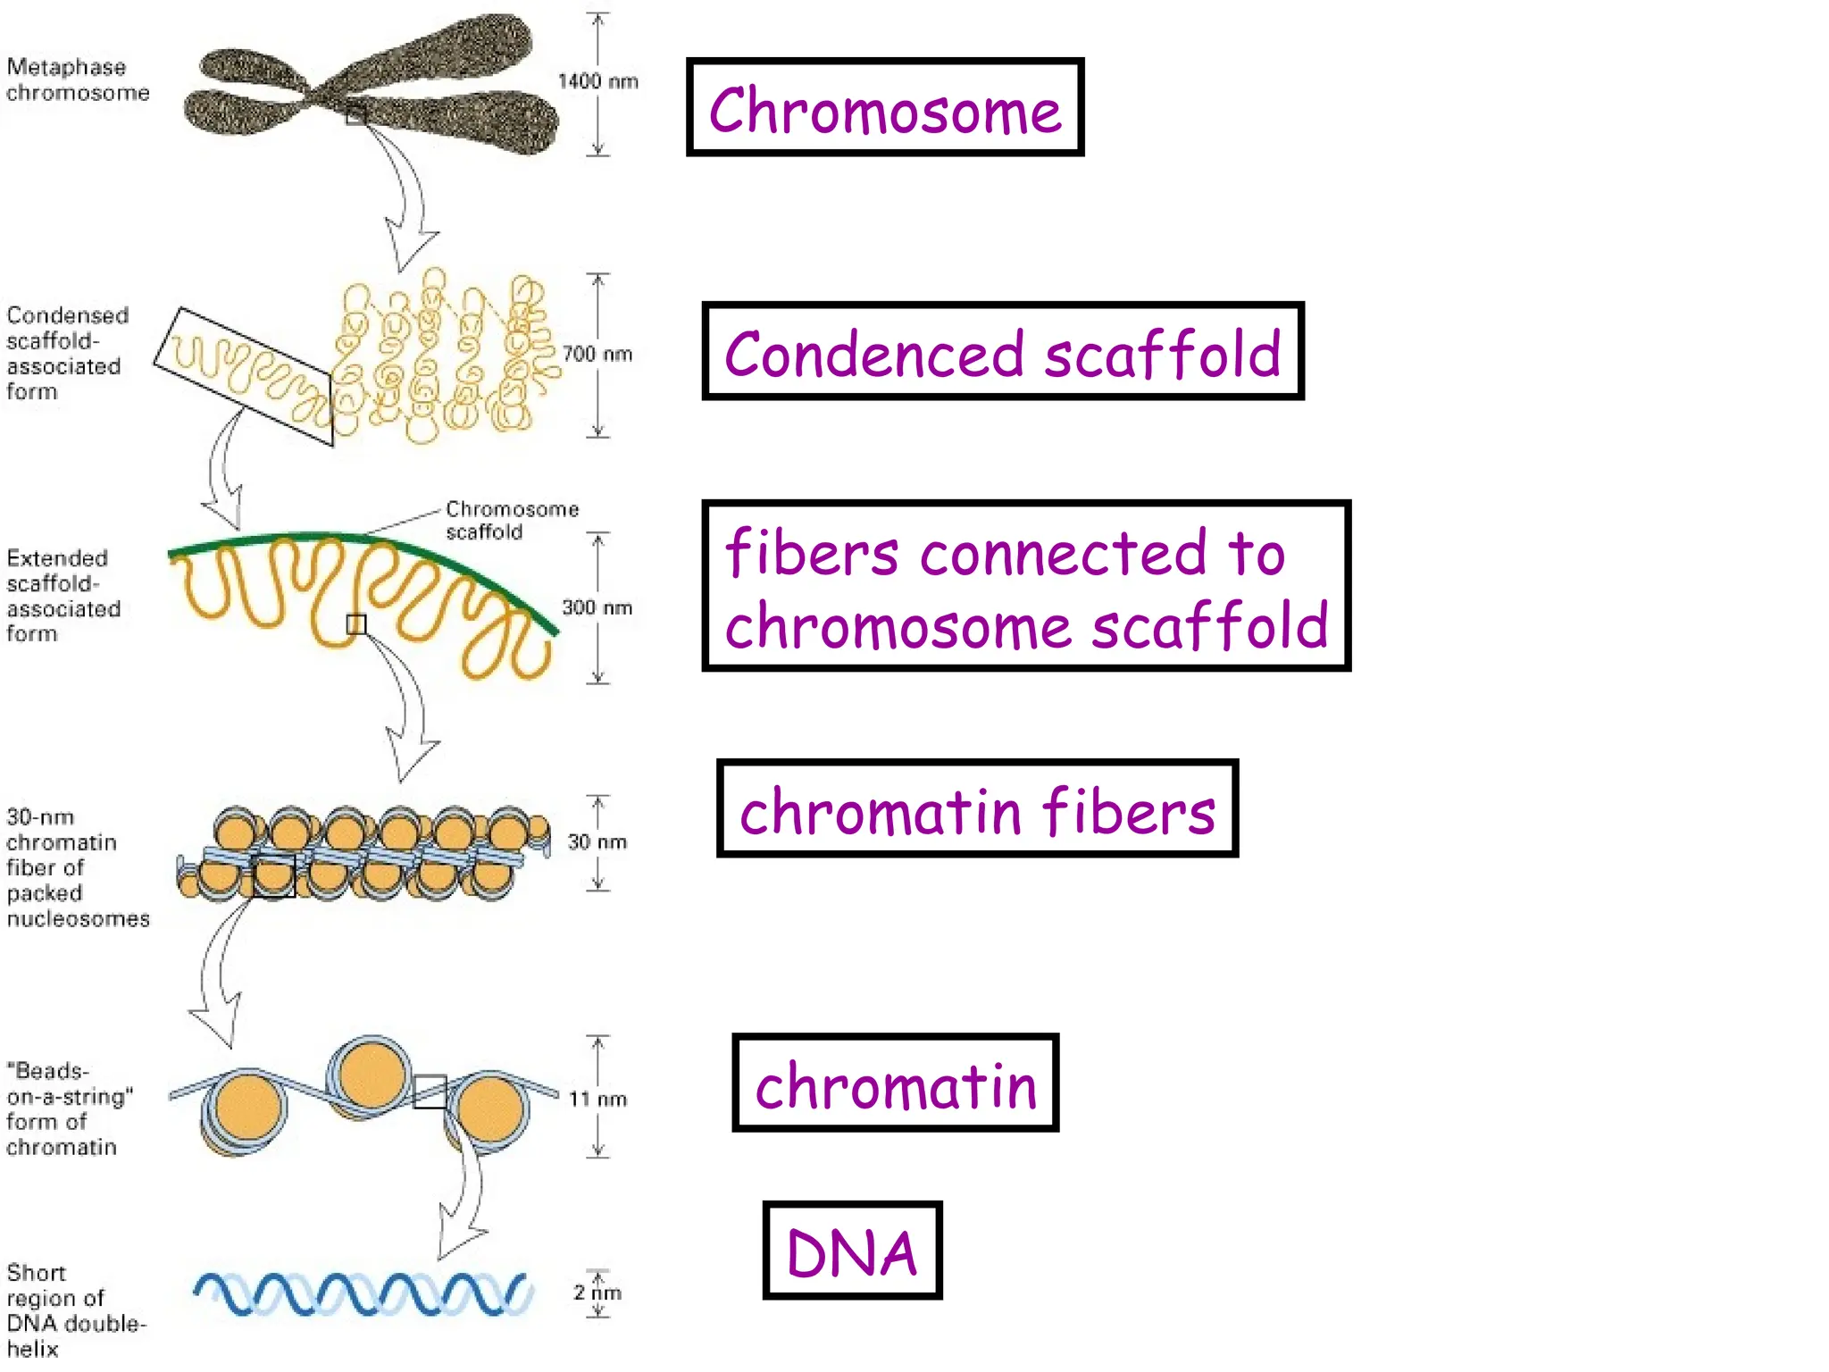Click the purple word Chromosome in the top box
click(884, 111)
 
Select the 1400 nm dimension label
click(597, 81)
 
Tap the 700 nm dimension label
click(597, 354)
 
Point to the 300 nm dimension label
click(597, 607)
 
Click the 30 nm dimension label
click(597, 841)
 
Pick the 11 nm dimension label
click(597, 1099)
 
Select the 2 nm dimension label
click(597, 1292)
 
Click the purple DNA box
click(852, 1251)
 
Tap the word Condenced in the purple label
click(873, 355)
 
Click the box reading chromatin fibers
click(977, 809)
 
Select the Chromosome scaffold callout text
click(512, 520)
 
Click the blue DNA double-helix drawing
click(362, 1293)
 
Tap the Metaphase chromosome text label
click(77, 79)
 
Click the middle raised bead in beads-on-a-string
click(370, 1076)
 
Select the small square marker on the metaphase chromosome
click(355, 114)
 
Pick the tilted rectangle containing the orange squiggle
click(243, 375)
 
